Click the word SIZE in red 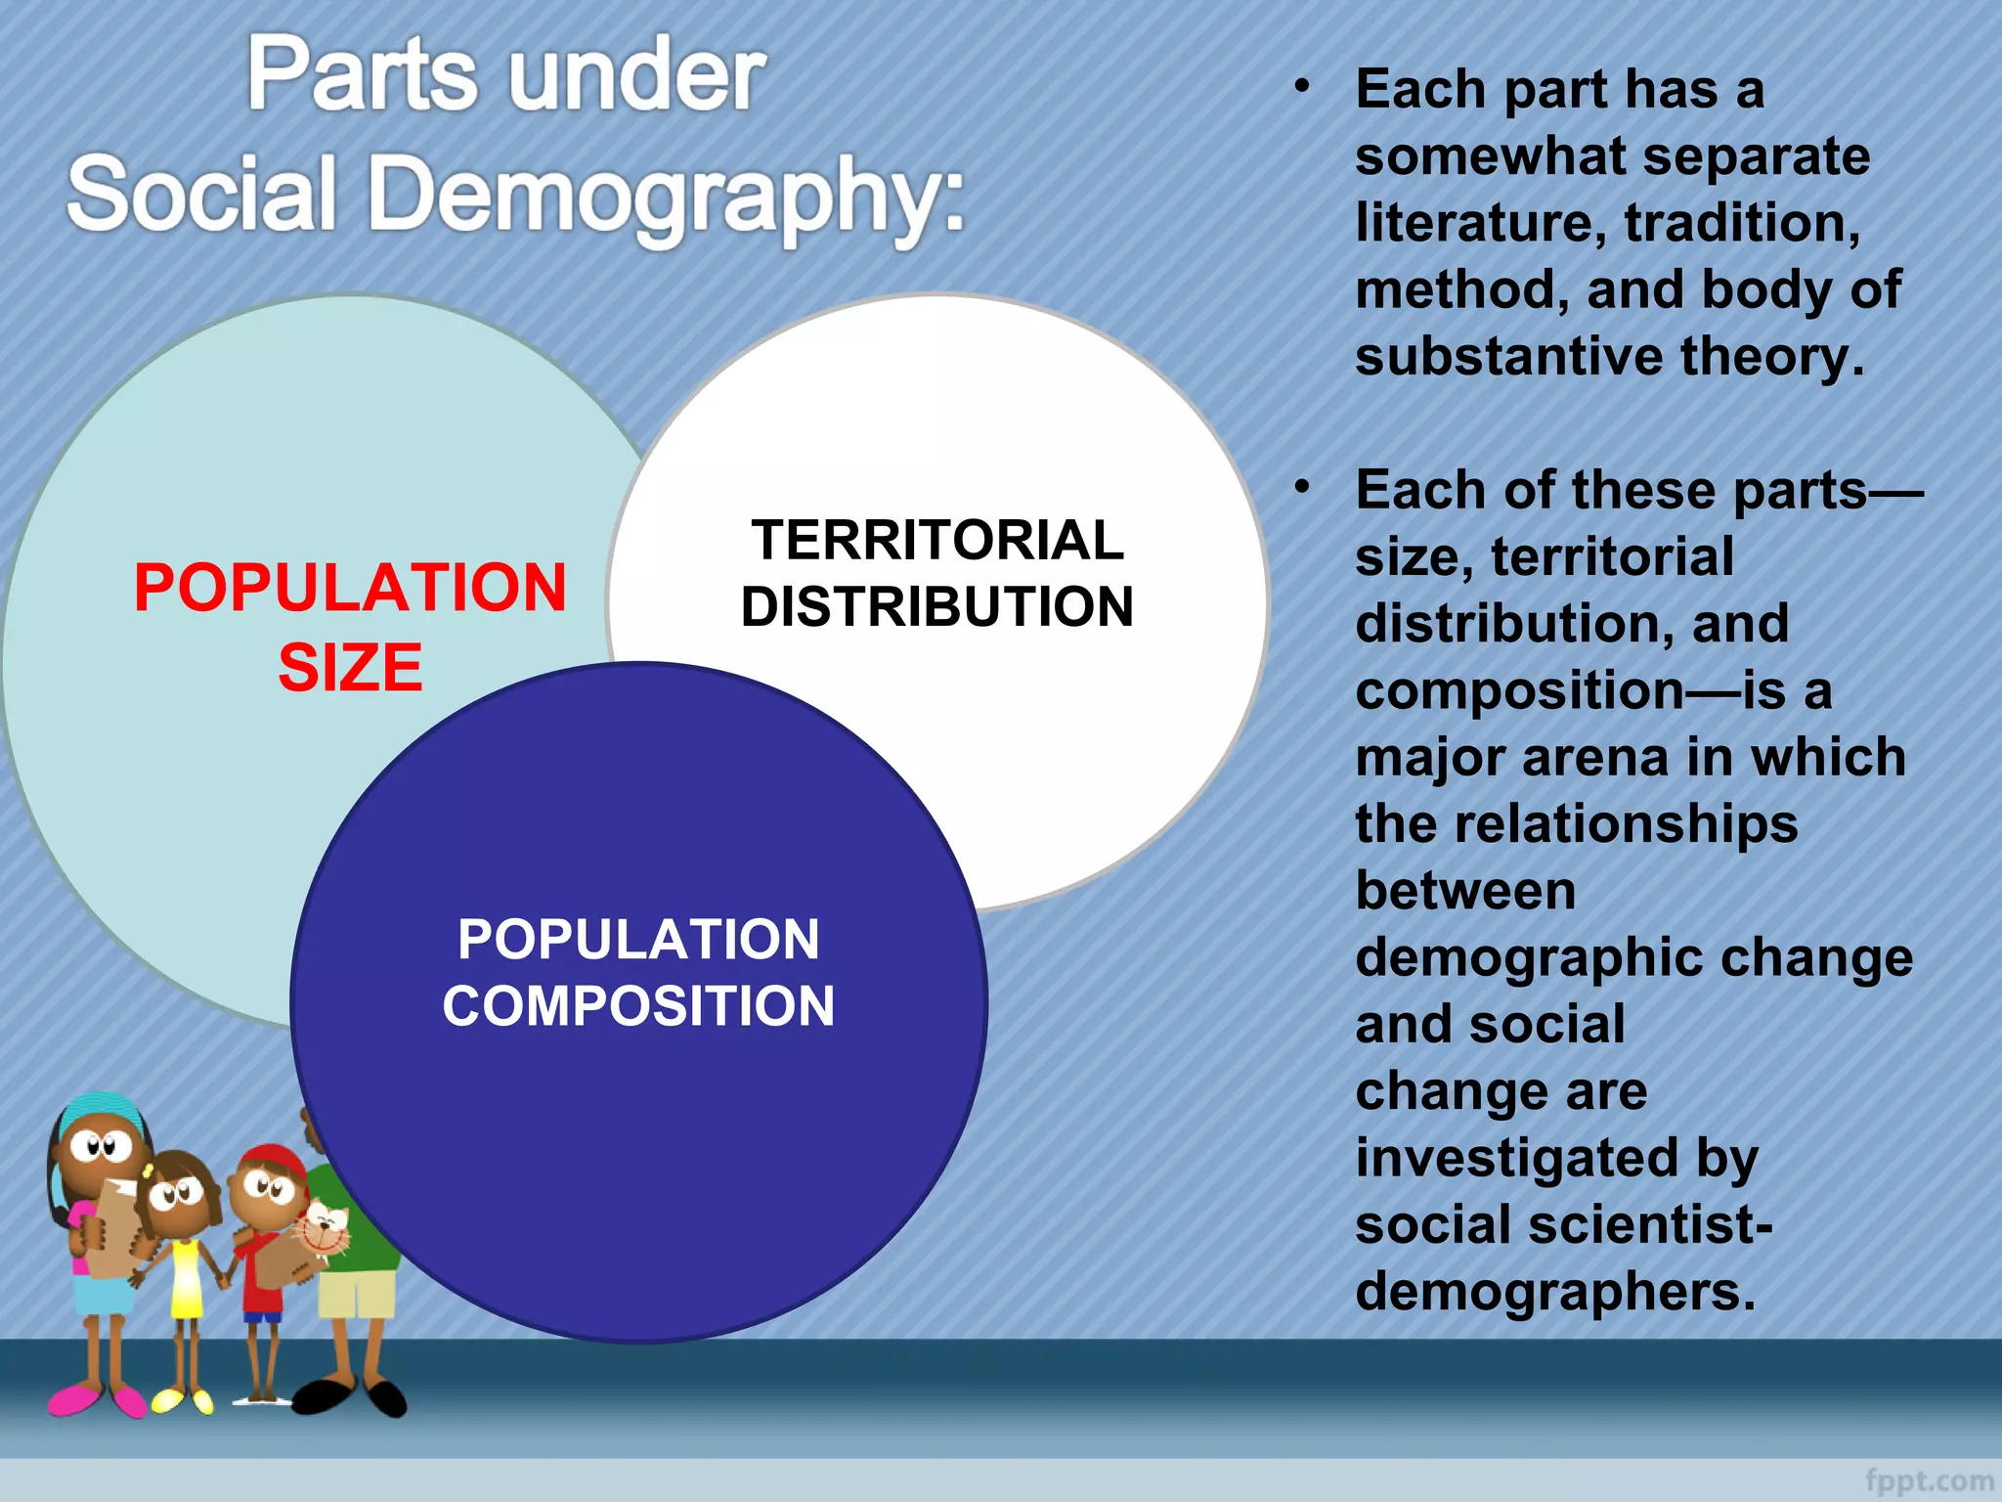point(350,668)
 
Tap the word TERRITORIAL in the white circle point(937,540)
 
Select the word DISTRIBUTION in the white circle point(937,607)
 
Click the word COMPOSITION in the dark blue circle point(638,1006)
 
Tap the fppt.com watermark point(1928,1481)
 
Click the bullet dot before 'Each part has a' point(1301,87)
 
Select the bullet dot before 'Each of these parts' point(1301,486)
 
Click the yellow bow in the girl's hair point(148,1171)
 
